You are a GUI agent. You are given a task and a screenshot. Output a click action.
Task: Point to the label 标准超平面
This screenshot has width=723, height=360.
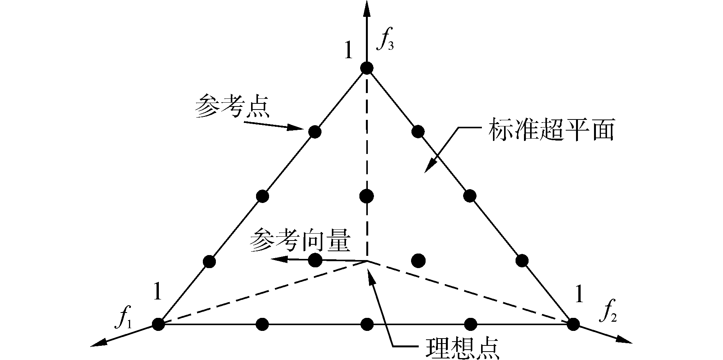(x=551, y=131)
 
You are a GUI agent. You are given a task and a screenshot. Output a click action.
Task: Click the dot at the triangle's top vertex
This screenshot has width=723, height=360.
(x=367, y=68)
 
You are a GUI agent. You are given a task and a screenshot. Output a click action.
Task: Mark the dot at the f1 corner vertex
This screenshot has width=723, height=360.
(x=158, y=324)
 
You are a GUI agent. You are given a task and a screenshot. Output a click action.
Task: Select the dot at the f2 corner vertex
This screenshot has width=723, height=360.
(x=573, y=324)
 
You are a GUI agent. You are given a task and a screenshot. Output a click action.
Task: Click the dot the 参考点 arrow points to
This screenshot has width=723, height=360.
(x=315, y=132)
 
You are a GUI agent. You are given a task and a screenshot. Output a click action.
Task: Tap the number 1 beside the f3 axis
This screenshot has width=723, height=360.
(x=348, y=51)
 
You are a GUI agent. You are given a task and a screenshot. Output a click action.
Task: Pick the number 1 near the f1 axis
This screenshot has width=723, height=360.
(x=157, y=291)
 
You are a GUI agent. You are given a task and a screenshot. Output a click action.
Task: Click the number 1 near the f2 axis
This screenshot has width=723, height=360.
(x=579, y=295)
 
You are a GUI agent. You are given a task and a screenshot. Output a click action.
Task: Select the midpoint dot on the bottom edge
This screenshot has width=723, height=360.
(x=367, y=324)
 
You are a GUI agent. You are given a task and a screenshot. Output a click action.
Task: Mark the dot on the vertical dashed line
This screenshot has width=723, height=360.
(x=367, y=196)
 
